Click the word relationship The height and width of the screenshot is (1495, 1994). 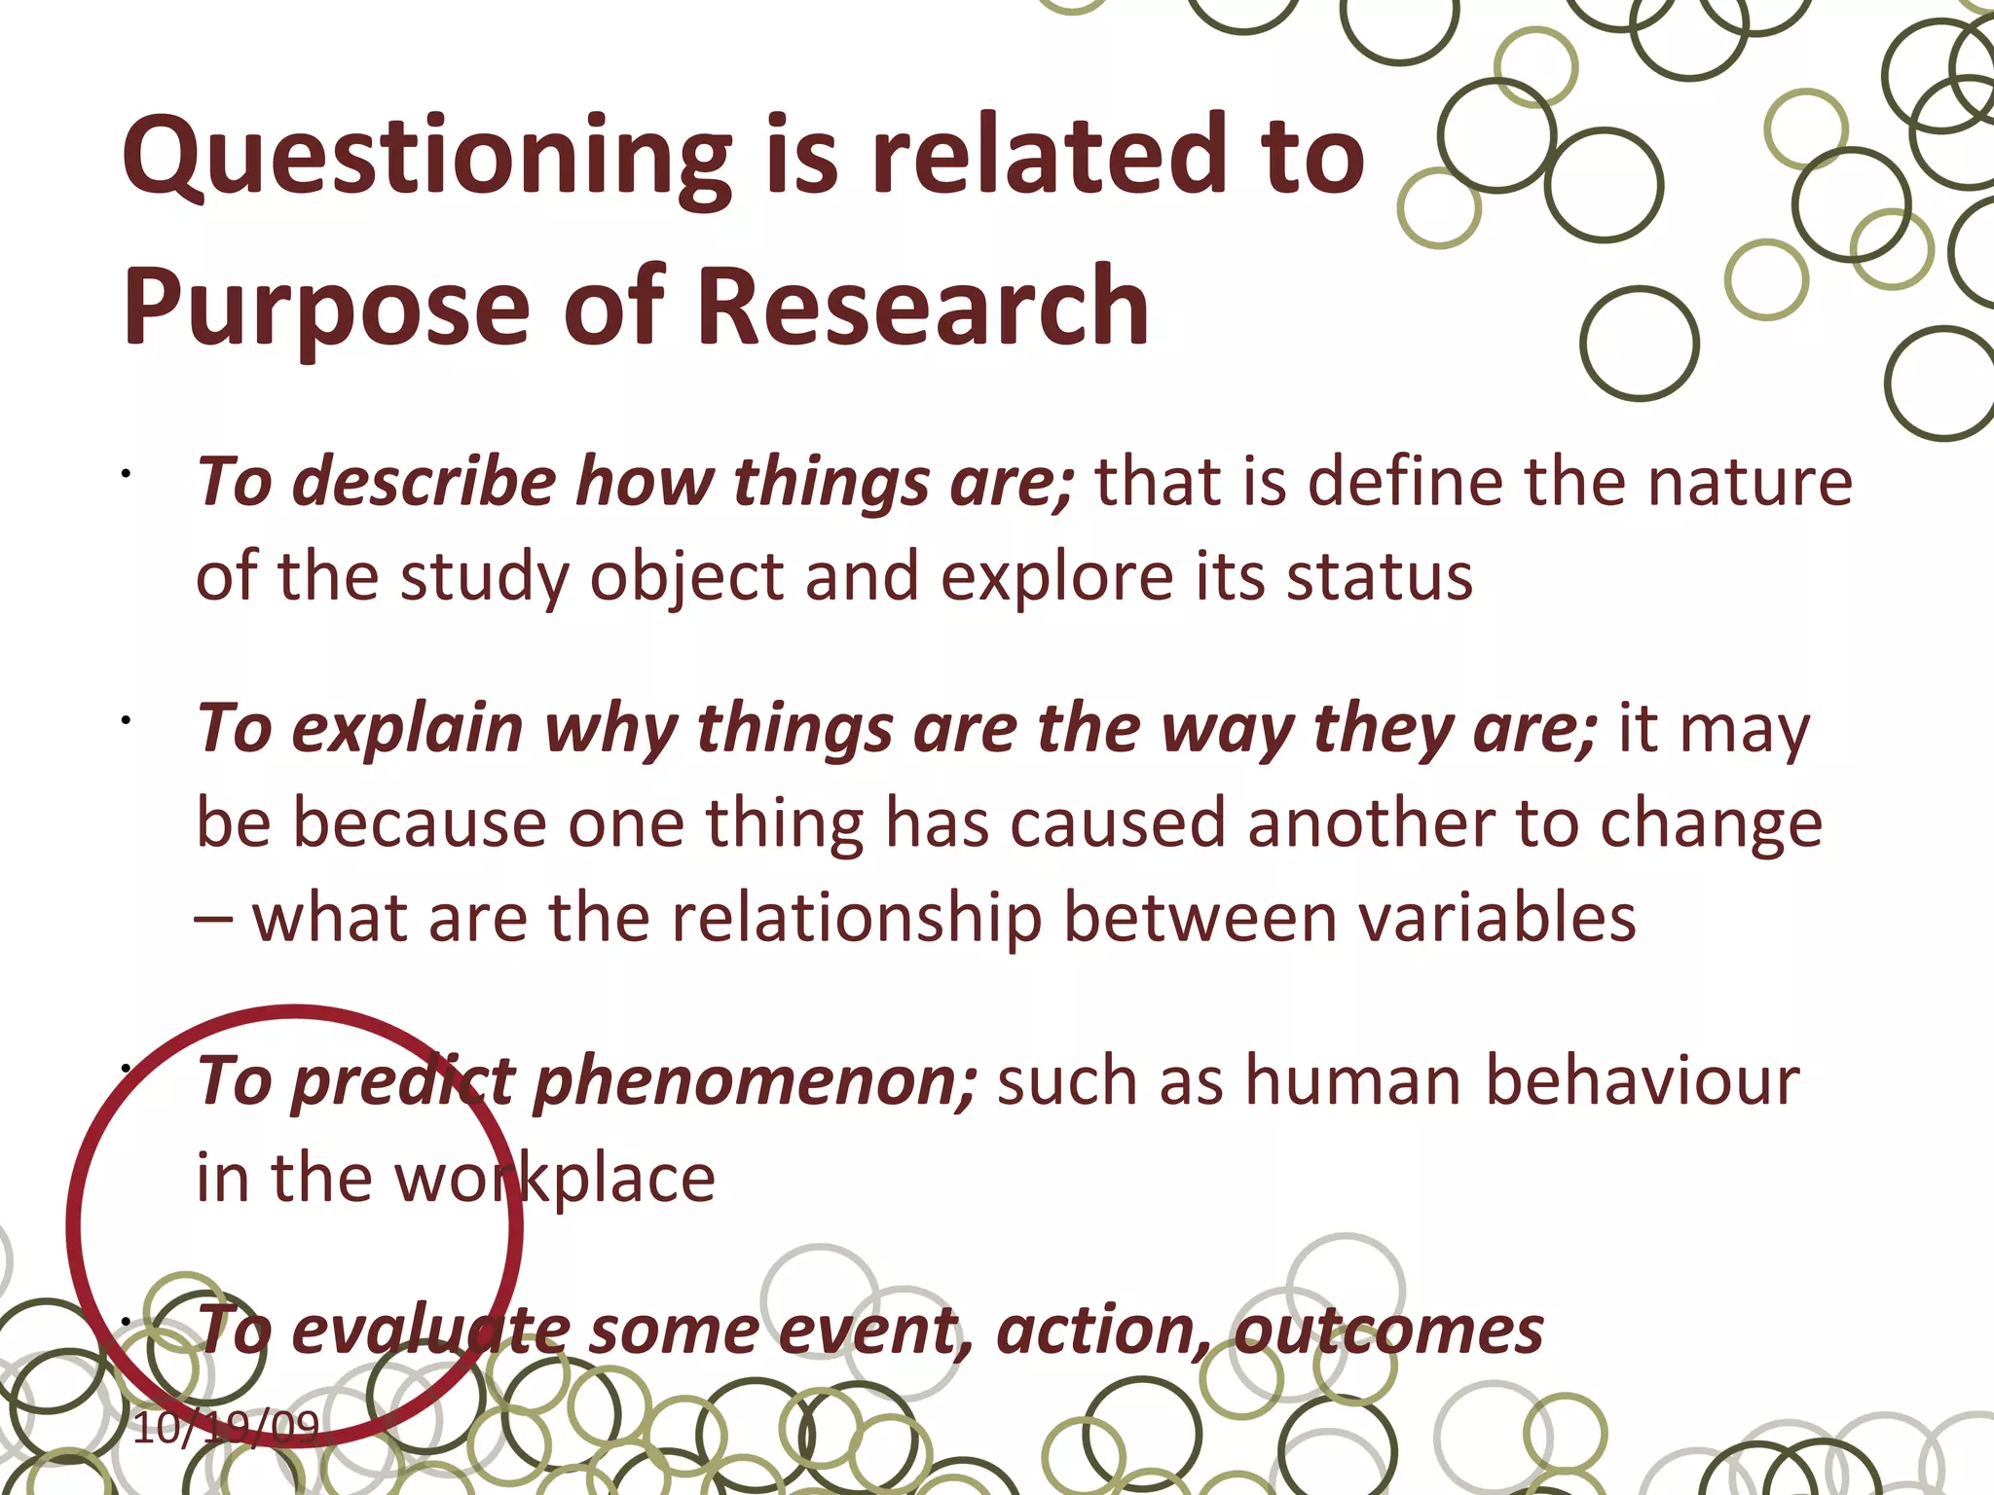857,918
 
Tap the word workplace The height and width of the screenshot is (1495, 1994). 555,1178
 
